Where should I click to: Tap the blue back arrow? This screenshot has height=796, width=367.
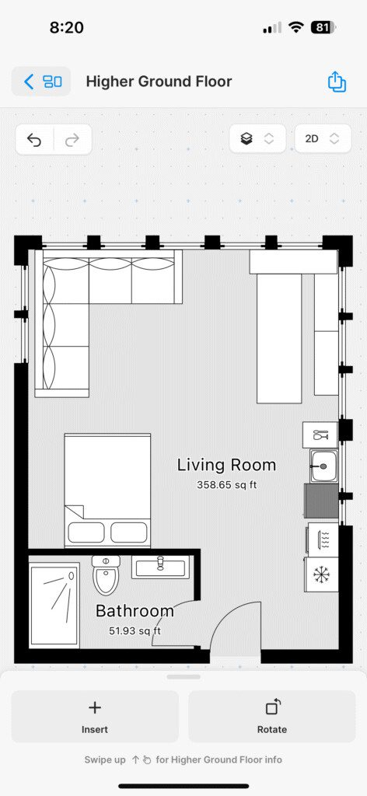[x=29, y=81]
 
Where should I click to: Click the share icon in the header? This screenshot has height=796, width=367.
[x=337, y=81]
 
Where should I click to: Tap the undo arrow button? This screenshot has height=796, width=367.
[x=34, y=139]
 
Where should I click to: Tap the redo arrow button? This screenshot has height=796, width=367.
[x=72, y=139]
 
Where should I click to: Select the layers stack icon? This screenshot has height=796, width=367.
[x=246, y=138]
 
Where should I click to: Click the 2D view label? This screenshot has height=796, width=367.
[x=312, y=138]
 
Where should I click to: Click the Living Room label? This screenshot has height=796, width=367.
[x=226, y=465]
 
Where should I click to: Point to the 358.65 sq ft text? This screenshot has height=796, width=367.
[x=227, y=485]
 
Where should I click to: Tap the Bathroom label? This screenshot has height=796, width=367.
[x=135, y=611]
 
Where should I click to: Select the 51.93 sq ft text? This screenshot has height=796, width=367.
[x=135, y=631]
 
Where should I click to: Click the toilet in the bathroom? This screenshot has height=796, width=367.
[x=106, y=575]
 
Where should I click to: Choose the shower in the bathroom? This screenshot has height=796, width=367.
[x=54, y=605]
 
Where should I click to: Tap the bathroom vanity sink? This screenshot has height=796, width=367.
[x=160, y=567]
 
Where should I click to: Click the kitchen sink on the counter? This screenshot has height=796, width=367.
[x=324, y=466]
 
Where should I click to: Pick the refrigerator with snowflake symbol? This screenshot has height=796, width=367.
[x=321, y=574]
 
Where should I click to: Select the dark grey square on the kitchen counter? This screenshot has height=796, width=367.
[x=321, y=501]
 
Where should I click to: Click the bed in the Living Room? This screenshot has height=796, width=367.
[x=107, y=491]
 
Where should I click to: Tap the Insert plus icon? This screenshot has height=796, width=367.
[x=95, y=707]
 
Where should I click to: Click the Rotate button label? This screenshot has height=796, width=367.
[x=272, y=729]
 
